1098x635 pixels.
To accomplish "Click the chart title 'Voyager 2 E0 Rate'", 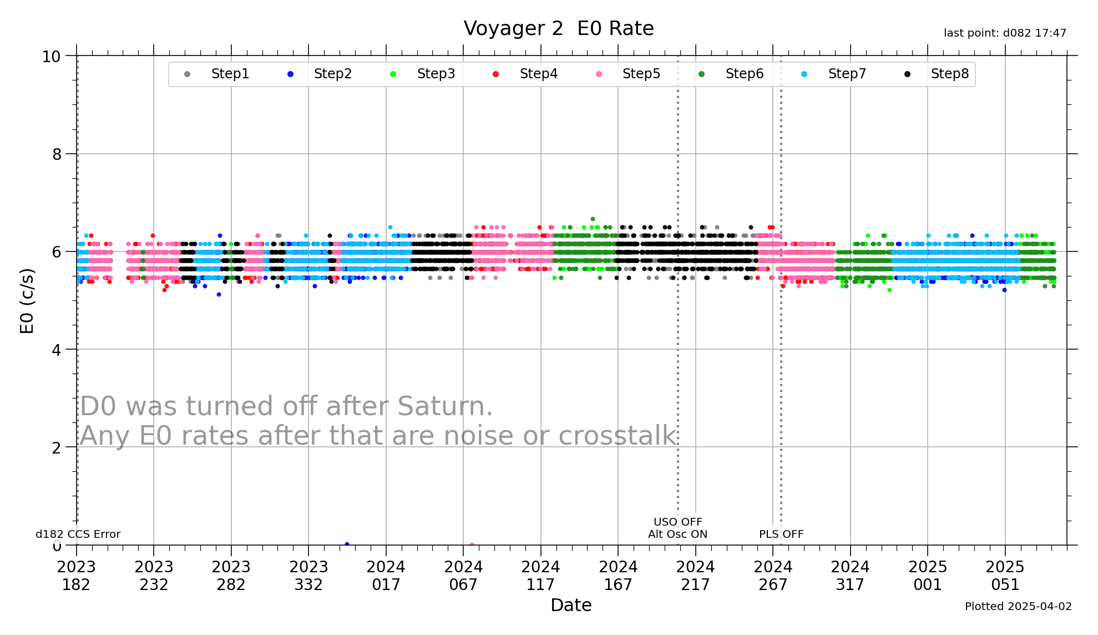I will tap(558, 28).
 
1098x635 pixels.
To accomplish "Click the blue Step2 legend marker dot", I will tap(290, 74).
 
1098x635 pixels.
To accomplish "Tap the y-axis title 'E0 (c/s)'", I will tap(27, 301).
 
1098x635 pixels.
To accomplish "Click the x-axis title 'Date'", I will tap(571, 605).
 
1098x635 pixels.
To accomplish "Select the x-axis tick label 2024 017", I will tap(386, 576).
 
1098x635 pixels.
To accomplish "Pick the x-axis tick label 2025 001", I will tap(928, 576).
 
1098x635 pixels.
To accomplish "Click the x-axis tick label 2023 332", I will tap(308, 576).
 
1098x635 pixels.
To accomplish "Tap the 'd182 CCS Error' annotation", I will tap(78, 534).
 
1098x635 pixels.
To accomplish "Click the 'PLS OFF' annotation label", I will tap(781, 534).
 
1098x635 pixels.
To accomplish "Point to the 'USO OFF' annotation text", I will tap(677, 522).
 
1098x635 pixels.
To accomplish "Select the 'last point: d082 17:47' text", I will tap(1005, 33).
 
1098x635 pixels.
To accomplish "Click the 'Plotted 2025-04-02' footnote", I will tap(1018, 606).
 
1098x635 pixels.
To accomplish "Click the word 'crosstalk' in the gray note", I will tap(617, 436).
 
